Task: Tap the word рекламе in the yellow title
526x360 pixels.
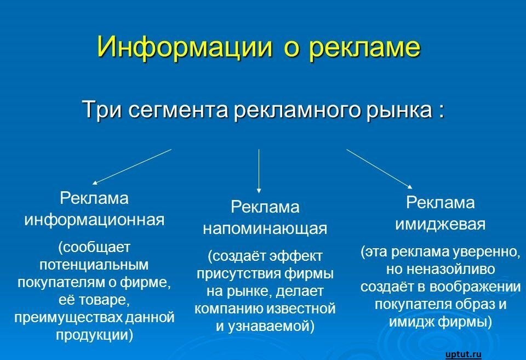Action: pyautogui.click(x=364, y=47)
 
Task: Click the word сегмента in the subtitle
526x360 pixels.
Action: pyautogui.click(x=178, y=110)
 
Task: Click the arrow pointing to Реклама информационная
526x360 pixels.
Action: pyautogui.click(x=132, y=167)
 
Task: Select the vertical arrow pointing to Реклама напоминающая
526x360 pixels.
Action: pyautogui.click(x=259, y=171)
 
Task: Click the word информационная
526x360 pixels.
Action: pyautogui.click(x=95, y=220)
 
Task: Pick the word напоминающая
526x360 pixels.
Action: pyautogui.click(x=265, y=229)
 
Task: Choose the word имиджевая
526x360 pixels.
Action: pyautogui.click(x=440, y=225)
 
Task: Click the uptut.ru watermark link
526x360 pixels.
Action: pyautogui.click(x=464, y=355)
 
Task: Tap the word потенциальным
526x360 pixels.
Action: pyautogui.click(x=94, y=265)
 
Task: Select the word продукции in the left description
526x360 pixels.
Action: pyautogui.click(x=95, y=335)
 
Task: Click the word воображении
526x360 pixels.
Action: pyautogui.click(x=475, y=287)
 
